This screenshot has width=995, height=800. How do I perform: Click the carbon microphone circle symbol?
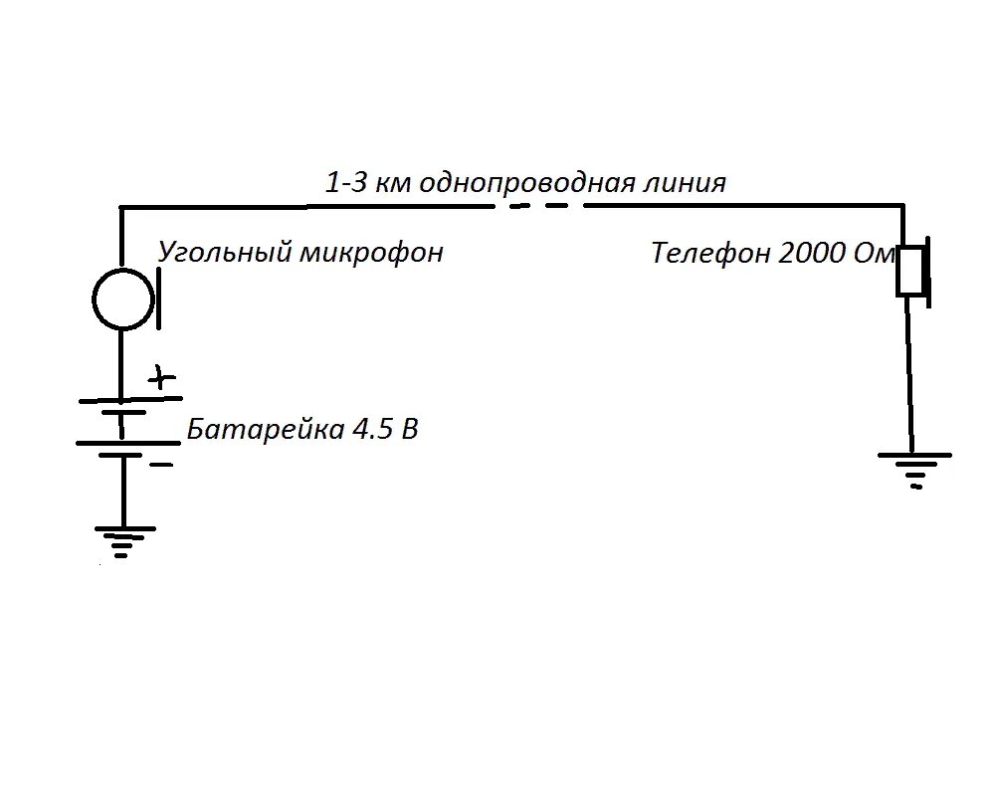[123, 299]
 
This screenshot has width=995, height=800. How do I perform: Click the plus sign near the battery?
[161, 378]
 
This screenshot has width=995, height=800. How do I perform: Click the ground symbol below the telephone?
[915, 468]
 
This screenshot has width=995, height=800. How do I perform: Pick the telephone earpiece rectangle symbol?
[910, 271]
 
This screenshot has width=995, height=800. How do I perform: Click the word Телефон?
[710, 253]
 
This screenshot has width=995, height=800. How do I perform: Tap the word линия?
[685, 183]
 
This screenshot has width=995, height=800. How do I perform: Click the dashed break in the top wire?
[537, 207]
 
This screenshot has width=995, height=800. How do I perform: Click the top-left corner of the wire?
[121, 207]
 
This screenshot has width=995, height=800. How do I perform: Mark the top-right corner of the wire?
[902, 206]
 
